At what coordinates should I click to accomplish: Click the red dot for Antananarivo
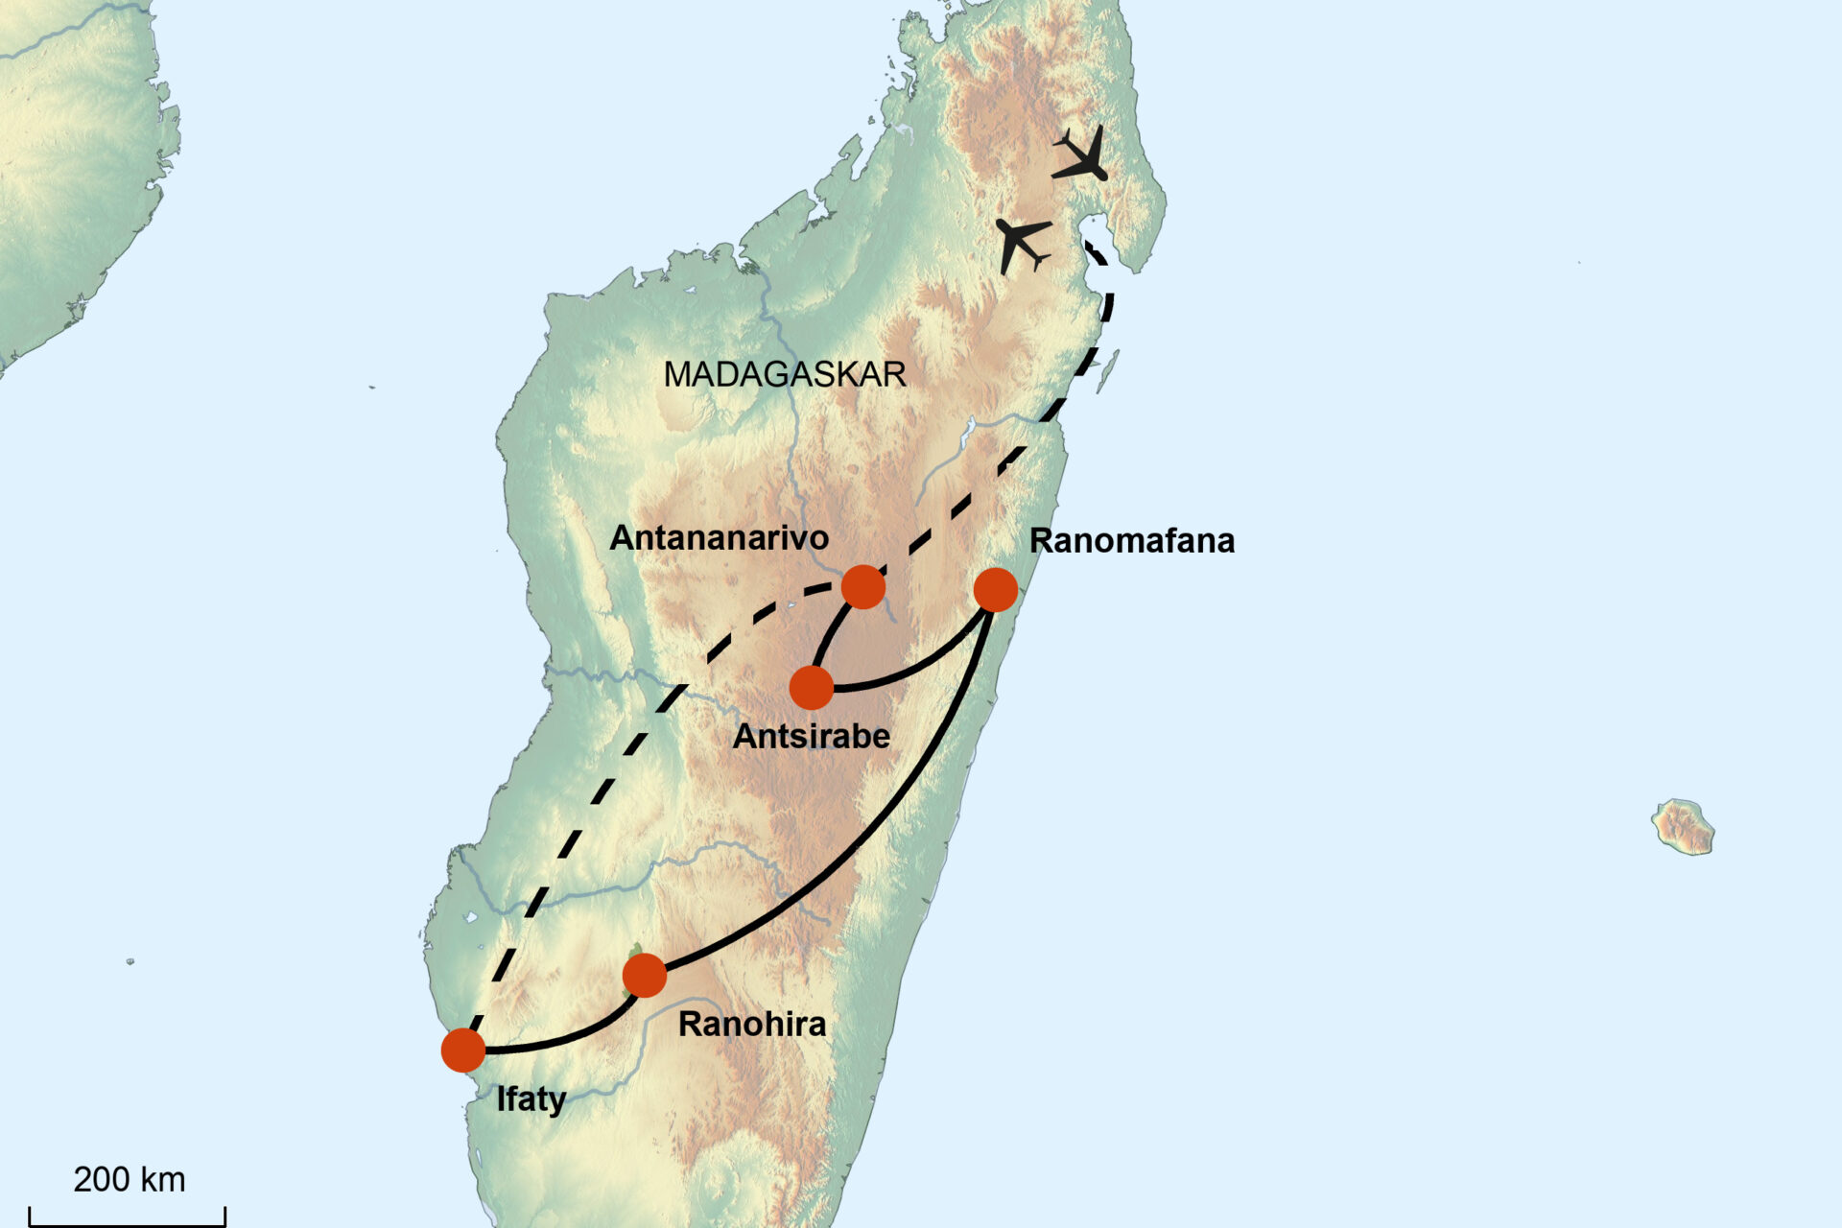pyautogui.click(x=862, y=586)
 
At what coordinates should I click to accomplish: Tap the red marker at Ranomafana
pyautogui.click(x=995, y=590)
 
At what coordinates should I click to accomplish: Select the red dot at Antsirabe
pyautogui.click(x=812, y=688)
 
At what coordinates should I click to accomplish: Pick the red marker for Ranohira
pyautogui.click(x=645, y=976)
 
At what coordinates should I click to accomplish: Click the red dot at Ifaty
pyautogui.click(x=463, y=1051)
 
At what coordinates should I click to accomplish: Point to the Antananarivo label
pyautogui.click(x=719, y=538)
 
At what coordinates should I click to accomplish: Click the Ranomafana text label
pyautogui.click(x=1131, y=541)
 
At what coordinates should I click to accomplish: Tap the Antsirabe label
pyautogui.click(x=812, y=737)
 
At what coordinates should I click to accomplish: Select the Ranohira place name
pyautogui.click(x=752, y=1025)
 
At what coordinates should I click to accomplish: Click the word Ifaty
pyautogui.click(x=531, y=1098)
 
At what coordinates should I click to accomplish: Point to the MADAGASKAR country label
pyautogui.click(x=785, y=374)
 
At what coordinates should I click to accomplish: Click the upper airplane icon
pyautogui.click(x=1081, y=156)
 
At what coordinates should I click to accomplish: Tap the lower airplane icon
pyautogui.click(x=1022, y=243)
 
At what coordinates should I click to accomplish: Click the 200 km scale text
pyautogui.click(x=130, y=1179)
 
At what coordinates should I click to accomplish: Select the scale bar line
pyautogui.click(x=127, y=1223)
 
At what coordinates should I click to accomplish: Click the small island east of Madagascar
pyautogui.click(x=1683, y=826)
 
